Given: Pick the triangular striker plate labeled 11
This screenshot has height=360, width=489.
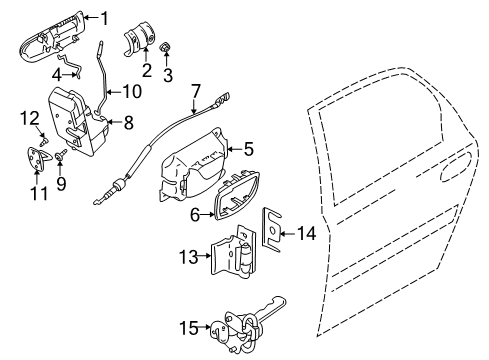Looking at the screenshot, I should (x=39, y=158).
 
